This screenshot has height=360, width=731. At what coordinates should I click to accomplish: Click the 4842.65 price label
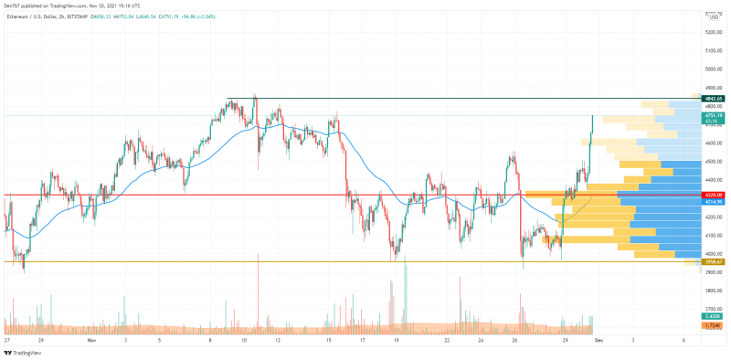point(713,98)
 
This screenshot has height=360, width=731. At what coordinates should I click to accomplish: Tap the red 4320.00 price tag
point(713,195)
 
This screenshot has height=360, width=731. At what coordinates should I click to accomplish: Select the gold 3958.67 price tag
point(713,261)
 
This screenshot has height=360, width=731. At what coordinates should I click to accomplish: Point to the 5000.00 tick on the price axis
point(714,69)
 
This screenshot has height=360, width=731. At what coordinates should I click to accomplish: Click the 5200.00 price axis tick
point(714,32)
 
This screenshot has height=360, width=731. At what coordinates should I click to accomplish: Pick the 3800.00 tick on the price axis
point(714,291)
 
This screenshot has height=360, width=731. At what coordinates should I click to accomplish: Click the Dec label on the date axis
point(599,339)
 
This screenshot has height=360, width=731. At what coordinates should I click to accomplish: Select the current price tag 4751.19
point(713,116)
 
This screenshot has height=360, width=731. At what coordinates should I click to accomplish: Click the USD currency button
point(714,16)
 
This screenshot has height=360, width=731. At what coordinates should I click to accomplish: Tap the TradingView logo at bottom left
point(27,352)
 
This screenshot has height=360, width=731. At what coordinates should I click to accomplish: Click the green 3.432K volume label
point(713,315)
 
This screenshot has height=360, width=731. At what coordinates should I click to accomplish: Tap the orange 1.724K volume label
point(713,324)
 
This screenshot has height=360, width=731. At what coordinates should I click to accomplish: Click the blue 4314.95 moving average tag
point(713,201)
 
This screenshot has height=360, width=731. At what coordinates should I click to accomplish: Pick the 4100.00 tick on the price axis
point(714,235)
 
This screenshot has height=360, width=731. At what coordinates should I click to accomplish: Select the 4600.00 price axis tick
point(714,143)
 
